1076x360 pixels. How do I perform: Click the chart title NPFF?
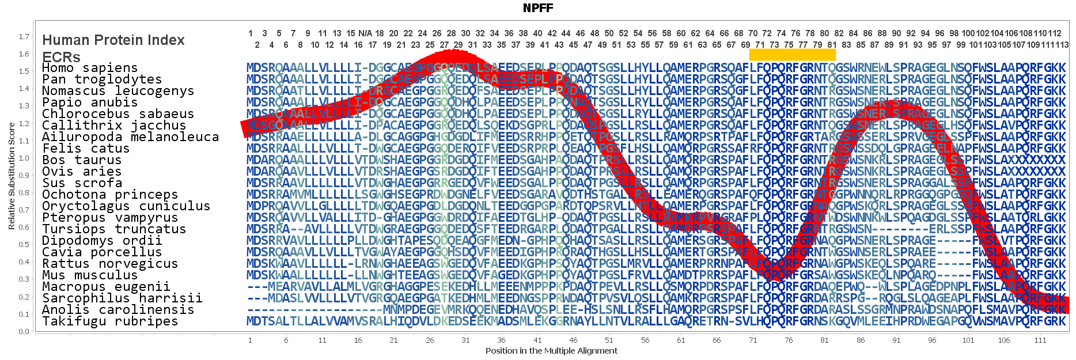538,8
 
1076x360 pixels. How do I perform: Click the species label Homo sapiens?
90,68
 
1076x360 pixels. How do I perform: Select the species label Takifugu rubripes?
110,321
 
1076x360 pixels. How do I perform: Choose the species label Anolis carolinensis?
118,310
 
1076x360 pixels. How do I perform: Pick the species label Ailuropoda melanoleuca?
130,137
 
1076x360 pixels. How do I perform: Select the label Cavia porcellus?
102,252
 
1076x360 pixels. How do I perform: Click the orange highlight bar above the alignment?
792,55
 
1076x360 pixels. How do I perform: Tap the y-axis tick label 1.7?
24,37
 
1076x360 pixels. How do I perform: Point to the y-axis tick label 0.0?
24,331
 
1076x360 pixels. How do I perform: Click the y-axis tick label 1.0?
24,158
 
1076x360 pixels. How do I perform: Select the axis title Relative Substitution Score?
12,176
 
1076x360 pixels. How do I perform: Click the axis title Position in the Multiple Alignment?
551,351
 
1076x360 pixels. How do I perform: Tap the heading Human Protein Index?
113,40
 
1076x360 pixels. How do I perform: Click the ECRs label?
62,57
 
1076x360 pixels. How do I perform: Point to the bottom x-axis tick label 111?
1040,340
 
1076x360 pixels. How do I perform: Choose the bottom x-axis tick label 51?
609,340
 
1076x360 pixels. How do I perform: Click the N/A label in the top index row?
365,33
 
